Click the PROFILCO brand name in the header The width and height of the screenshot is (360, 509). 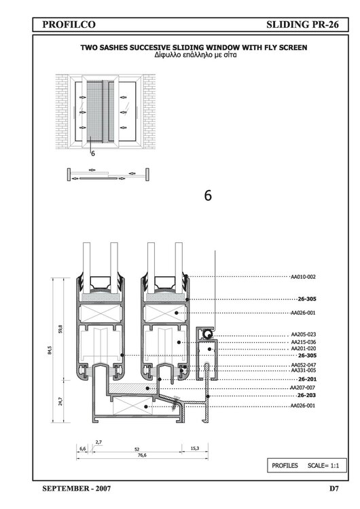67,24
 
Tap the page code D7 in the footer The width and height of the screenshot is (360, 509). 334,488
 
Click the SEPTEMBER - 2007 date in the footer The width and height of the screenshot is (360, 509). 77,488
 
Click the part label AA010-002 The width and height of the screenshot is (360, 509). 303,277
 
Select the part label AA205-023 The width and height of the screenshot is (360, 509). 303,335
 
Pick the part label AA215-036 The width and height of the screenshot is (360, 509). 303,342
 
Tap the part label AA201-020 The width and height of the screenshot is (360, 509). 303,348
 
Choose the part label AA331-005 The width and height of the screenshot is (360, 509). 303,371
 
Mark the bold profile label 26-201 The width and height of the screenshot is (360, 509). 307,379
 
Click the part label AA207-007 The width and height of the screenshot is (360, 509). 303,387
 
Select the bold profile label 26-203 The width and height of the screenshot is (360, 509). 307,394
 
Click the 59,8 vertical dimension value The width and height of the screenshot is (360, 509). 60,329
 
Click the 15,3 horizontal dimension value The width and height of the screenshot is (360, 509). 194,449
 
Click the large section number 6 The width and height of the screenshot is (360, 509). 208,195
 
